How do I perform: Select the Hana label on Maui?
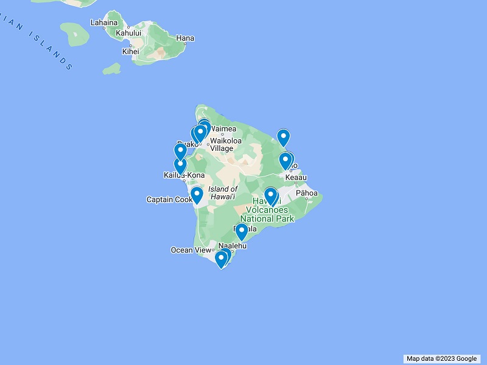184,38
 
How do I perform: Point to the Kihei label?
130,52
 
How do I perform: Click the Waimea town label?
223,129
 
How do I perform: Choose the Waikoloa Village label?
225,144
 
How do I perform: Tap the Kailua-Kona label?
184,175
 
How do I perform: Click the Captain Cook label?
169,200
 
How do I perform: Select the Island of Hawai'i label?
223,193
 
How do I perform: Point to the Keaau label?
296,177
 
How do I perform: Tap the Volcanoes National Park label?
267,214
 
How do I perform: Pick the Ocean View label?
191,250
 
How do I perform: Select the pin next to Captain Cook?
197,195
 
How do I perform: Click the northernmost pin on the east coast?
283,138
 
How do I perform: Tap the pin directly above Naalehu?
242,232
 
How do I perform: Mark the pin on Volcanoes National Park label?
271,196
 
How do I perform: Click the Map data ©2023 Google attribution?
441,358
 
